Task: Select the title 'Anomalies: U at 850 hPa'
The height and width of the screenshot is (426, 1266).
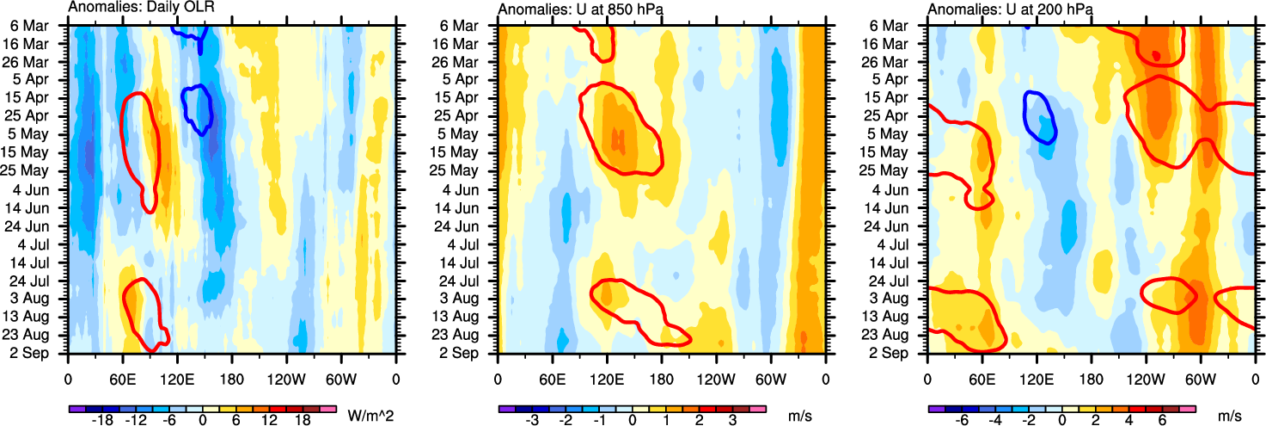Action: pyautogui.click(x=574, y=9)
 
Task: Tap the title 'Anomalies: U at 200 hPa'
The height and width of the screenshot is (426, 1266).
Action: pyautogui.click(x=1004, y=9)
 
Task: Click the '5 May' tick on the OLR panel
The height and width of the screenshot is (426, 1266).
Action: pyautogui.click(x=42, y=134)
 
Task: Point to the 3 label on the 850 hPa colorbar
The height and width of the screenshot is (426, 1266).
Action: pyautogui.click(x=733, y=422)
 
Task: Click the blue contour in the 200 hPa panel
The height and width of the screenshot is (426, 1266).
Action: pyautogui.click(x=1040, y=116)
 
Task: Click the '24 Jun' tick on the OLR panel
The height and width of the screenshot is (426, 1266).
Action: pyautogui.click(x=40, y=225)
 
